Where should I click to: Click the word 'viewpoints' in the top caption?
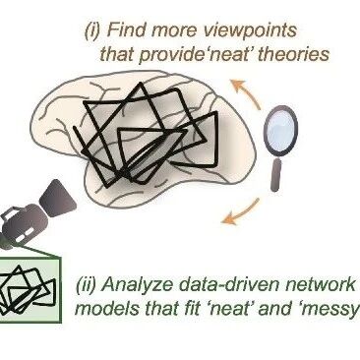250,31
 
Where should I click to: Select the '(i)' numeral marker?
92,31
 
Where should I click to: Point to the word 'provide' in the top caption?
173,55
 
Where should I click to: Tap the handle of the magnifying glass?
276,174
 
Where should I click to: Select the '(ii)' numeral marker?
86,285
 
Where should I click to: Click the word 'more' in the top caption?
175,31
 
